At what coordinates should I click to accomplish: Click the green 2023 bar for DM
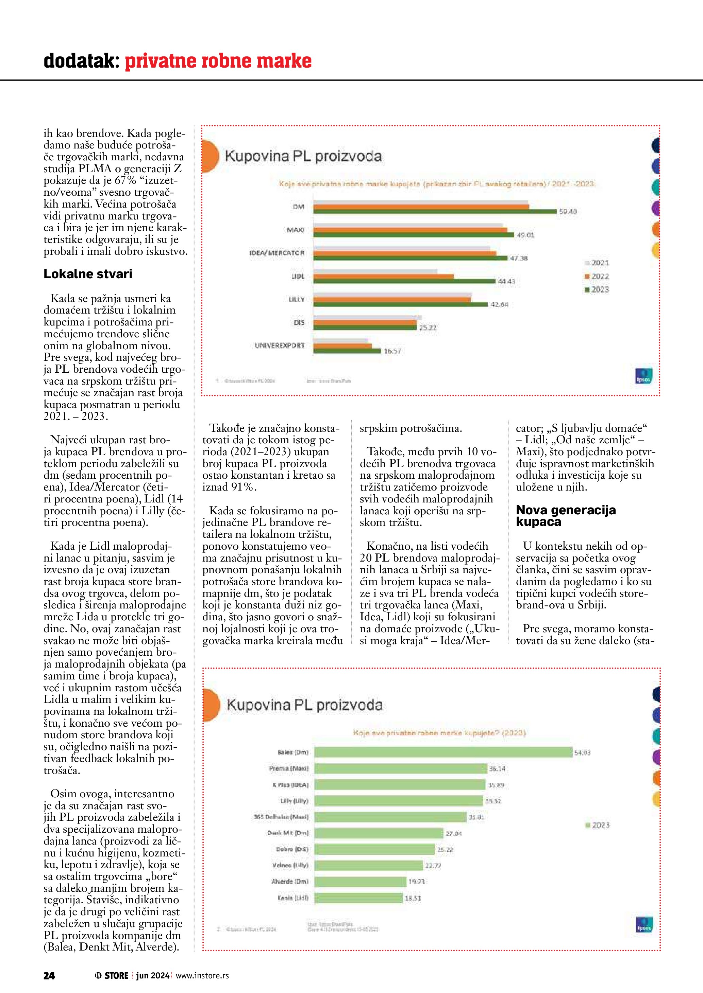(x=435, y=212)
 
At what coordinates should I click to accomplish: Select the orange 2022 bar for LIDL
(x=384, y=277)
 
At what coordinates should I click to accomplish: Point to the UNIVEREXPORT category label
(x=280, y=345)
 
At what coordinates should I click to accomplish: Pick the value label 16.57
(x=392, y=351)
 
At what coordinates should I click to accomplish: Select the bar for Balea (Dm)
(x=443, y=752)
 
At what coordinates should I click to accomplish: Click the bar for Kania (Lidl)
(x=358, y=898)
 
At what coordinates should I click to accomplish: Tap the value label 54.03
(x=582, y=753)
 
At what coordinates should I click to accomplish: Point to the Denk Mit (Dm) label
(x=288, y=833)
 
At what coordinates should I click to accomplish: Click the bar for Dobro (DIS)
(x=374, y=849)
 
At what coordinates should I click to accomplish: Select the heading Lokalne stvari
(x=88, y=274)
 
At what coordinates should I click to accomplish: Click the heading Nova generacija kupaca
(x=565, y=516)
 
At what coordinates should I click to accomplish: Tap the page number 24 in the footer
(x=49, y=975)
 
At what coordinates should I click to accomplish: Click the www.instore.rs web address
(x=202, y=975)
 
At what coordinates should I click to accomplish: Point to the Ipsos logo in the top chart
(x=643, y=376)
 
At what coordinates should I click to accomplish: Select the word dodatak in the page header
(x=81, y=61)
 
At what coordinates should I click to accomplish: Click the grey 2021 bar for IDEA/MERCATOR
(x=402, y=248)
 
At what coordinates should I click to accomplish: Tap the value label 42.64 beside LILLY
(x=499, y=304)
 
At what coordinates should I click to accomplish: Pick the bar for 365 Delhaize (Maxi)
(x=390, y=817)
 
